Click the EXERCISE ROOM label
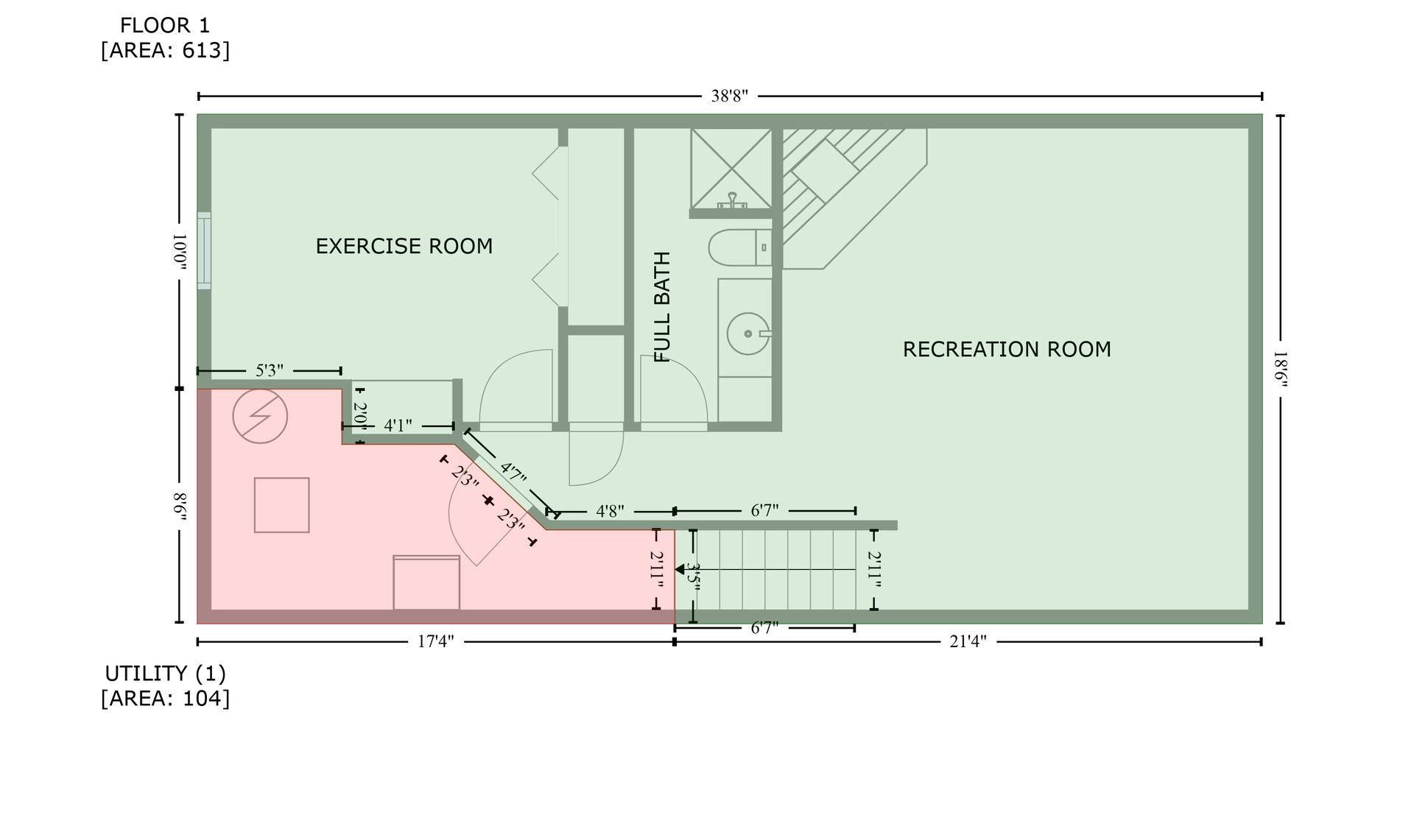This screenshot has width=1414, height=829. (404, 246)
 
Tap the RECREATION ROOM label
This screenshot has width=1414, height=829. (1007, 349)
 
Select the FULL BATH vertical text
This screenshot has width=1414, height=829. (663, 307)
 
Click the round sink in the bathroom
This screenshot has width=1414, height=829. (748, 334)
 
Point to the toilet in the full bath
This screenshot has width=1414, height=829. (740, 247)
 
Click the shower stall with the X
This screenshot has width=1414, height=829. (731, 168)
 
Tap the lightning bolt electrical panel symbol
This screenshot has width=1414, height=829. (260, 416)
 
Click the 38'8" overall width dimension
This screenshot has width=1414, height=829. (730, 96)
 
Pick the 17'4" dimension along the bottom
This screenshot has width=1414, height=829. (436, 642)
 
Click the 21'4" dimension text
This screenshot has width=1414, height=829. (968, 642)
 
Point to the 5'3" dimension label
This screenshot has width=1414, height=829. (270, 370)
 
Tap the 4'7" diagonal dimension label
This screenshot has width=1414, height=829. (513, 473)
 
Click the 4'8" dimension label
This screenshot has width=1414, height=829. (610, 511)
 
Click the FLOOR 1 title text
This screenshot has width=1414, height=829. (165, 26)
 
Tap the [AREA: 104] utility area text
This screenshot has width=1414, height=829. (165, 699)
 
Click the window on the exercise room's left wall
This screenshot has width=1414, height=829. (204, 250)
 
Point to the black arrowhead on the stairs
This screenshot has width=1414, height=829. (680, 570)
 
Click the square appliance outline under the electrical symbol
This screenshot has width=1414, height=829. (281, 505)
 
